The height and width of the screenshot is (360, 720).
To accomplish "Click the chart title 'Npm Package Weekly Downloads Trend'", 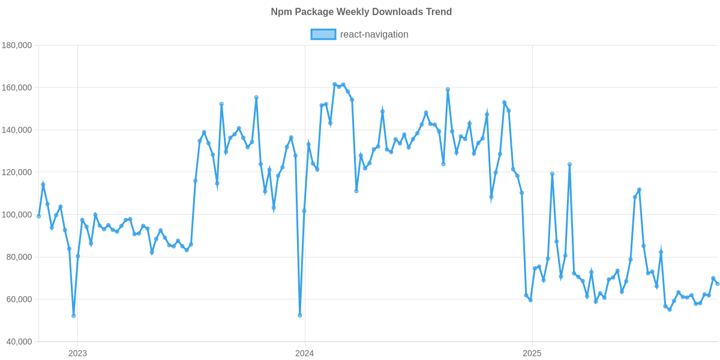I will pyautogui.click(x=361, y=12).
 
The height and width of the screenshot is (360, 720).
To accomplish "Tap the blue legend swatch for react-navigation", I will pyautogui.click(x=323, y=34).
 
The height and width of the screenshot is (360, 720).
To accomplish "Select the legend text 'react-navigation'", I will pyautogui.click(x=374, y=34).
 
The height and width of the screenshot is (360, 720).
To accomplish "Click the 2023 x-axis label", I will pyautogui.click(x=77, y=353).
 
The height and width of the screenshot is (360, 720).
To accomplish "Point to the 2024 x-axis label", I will pyautogui.click(x=304, y=353).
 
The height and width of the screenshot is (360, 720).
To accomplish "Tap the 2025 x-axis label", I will pyautogui.click(x=531, y=353).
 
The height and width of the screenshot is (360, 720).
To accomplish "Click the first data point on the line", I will pyautogui.click(x=39, y=216).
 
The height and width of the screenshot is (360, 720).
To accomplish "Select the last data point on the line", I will pyautogui.click(x=718, y=284).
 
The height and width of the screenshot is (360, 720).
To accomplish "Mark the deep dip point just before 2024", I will pyautogui.click(x=300, y=315).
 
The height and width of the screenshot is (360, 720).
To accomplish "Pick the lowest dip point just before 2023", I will pyautogui.click(x=73, y=316).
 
